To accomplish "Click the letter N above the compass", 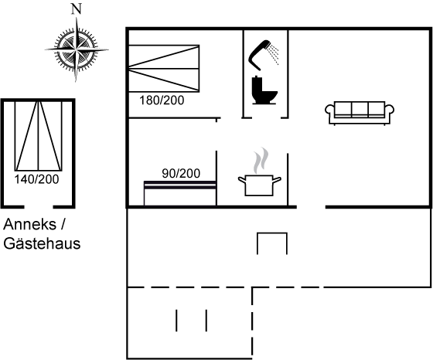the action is click(x=77, y=8).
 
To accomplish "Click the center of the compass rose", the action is click(x=77, y=50).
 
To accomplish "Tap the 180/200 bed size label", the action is click(x=162, y=100).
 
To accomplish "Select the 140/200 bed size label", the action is click(x=37, y=179).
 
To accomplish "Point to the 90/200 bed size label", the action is click(x=181, y=174).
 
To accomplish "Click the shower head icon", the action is click(x=264, y=55).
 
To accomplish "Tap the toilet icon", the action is click(x=264, y=90).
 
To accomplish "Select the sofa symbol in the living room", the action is click(x=360, y=113).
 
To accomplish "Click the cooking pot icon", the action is click(x=259, y=185).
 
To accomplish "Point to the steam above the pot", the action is click(x=261, y=161).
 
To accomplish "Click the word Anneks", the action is click(x=29, y=224).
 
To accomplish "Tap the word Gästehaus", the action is click(x=42, y=243).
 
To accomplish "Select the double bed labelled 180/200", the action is click(x=164, y=69).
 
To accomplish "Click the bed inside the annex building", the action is click(x=39, y=136).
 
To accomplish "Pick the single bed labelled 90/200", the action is click(x=180, y=193).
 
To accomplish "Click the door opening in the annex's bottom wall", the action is click(x=39, y=206).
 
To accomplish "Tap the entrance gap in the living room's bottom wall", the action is click(x=311, y=206).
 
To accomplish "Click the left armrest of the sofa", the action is click(x=329, y=110).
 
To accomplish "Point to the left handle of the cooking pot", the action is click(x=242, y=180).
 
